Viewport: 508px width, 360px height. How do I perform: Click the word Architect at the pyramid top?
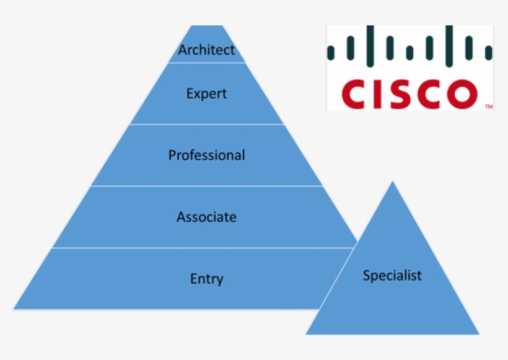point(206,50)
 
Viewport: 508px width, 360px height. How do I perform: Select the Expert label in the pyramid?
point(206,94)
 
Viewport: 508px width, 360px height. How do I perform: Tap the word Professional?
point(206,155)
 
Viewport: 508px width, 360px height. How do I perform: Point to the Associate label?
point(206,217)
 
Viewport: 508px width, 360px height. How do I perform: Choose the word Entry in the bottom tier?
point(206,279)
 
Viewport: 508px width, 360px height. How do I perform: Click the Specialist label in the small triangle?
point(392,275)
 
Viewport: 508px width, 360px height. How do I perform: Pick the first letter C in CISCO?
point(355,94)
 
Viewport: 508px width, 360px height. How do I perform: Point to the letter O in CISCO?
point(462,94)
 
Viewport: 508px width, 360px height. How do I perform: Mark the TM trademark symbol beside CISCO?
point(489,107)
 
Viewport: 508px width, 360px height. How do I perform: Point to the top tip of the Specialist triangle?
point(392,182)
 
